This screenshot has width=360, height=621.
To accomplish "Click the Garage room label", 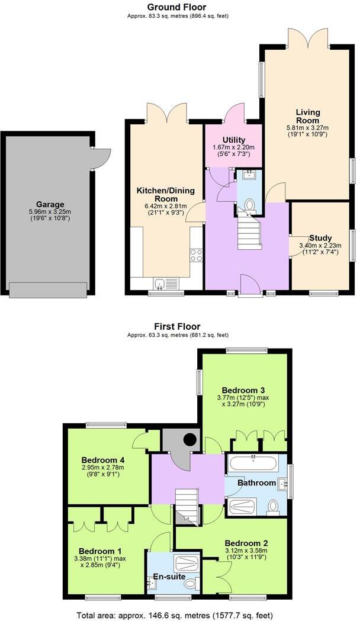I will point(49,204).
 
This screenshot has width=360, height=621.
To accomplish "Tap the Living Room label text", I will point(308,116).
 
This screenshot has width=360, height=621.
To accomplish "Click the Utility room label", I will point(226,139).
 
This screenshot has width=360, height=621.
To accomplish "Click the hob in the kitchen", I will point(196,255).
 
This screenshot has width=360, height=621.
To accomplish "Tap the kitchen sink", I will point(159,283).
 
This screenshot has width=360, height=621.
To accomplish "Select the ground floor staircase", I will point(249,232).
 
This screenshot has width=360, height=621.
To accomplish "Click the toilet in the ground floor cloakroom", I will point(249,205).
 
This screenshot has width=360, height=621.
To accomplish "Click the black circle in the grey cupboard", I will point(189,439).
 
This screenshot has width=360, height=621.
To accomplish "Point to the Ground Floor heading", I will point(178,7).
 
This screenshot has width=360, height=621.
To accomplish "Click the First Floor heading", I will point(178,326).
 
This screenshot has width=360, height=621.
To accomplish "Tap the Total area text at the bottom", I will point(175,614).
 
